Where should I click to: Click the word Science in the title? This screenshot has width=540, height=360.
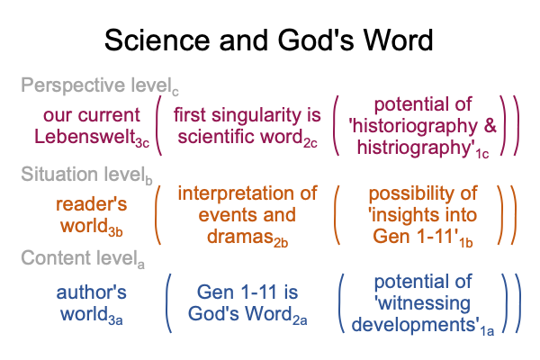[157, 40]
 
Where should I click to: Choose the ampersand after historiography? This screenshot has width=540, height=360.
[490, 125]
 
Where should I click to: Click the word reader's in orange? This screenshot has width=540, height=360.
[91, 204]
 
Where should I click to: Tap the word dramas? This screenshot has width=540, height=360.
[240, 237]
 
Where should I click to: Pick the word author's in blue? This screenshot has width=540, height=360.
[91, 292]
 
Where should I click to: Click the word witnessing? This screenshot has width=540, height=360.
[424, 304]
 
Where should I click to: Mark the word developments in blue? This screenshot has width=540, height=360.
[413, 325]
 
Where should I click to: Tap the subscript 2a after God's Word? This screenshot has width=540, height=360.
[300, 320]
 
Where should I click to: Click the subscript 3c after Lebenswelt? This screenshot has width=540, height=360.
[142, 143]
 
